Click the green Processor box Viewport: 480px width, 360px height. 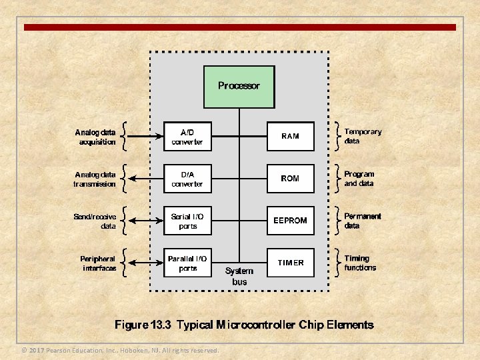click(239, 86)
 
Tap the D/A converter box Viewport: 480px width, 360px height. click(187, 179)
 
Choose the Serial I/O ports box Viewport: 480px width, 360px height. click(187, 221)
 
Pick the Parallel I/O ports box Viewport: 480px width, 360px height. click(187, 263)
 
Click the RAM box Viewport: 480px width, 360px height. click(290, 137)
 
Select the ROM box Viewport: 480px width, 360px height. click(290, 179)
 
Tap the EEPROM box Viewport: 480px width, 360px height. click(290, 221)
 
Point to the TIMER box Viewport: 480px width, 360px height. click(290, 263)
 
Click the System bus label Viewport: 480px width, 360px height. click(239, 276)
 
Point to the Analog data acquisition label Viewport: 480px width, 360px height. click(95, 137)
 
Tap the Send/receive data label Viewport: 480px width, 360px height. click(95, 221)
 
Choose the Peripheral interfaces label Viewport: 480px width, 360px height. click(97, 263)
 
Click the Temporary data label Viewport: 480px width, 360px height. click(363, 137)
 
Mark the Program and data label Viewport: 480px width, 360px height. click(359, 179)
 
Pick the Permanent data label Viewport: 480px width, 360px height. click(363, 221)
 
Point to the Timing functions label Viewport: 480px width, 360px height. click(360, 263)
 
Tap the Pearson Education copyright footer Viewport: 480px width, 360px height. click(120, 350)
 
